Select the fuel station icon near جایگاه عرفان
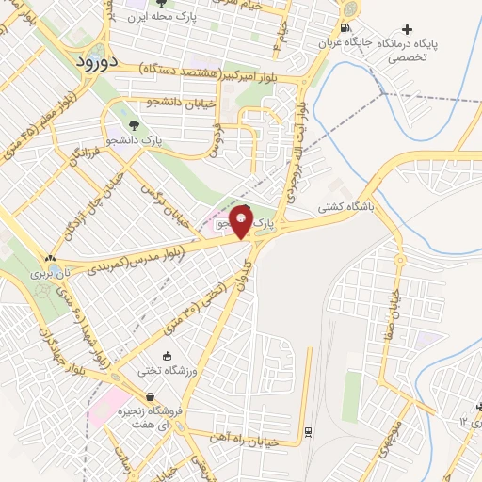[347, 28]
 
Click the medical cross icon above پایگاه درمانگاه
[407, 29]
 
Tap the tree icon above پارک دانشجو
[134, 124]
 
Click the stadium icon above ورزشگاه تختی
[167, 356]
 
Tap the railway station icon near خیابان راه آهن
[309, 432]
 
